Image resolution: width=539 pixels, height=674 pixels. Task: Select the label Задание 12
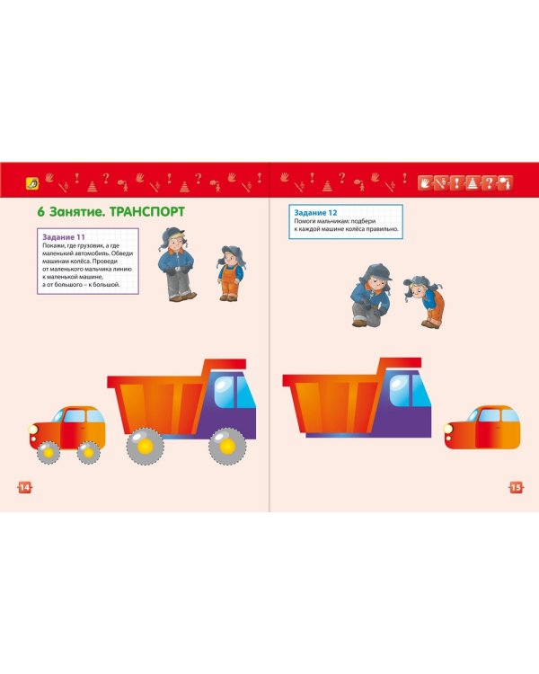312,212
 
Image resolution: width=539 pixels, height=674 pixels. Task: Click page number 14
24,486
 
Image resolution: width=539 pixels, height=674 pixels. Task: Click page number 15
516,486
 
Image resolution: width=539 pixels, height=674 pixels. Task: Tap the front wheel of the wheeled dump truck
228,445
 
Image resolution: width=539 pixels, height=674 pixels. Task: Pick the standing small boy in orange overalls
230,272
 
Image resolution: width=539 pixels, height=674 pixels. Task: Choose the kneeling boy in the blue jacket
369,297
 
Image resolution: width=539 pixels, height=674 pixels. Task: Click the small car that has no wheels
482,430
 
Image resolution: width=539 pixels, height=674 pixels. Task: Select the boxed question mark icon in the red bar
488,182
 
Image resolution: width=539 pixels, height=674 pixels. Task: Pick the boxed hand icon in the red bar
426,182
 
